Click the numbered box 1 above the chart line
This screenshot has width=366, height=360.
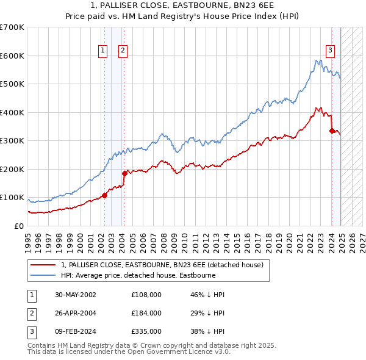pos(102,51)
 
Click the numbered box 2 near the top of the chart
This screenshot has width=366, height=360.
pos(123,51)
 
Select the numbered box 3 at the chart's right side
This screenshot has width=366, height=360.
pos(330,51)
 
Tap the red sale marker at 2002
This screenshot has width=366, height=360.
pos(104,195)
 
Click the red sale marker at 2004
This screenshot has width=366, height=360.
pos(124,173)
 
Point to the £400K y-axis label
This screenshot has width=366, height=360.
pos(12,112)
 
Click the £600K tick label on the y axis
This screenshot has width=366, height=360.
pos(12,56)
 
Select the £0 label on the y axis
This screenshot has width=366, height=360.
pos(19,226)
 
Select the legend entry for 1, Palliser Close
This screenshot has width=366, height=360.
pos(162,265)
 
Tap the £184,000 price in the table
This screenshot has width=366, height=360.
pos(146,313)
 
